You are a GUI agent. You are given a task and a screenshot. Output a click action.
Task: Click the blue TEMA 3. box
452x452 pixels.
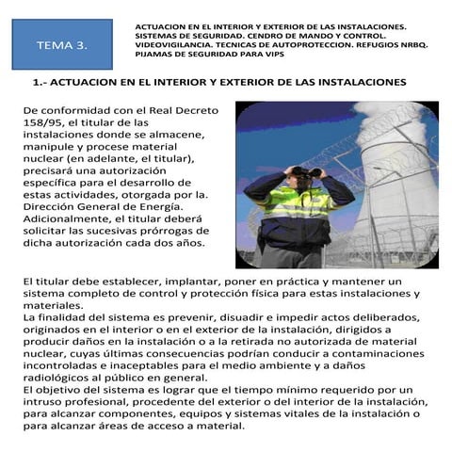tap(62, 44)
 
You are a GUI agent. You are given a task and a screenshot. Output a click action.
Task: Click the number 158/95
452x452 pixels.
tap(43, 123)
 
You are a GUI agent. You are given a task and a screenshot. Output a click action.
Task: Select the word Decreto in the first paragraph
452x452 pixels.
tap(195, 110)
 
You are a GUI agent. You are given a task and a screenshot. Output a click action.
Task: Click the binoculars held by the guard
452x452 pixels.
tap(301, 171)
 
